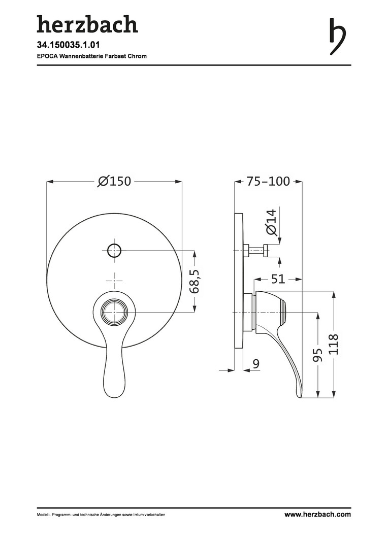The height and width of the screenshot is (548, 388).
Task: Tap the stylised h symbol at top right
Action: [337, 37]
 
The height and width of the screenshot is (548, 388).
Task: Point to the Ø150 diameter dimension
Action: [114, 181]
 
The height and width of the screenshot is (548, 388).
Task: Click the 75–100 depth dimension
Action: [268, 181]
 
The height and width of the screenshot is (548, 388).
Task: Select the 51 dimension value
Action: [278, 279]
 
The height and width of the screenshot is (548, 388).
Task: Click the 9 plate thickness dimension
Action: [256, 364]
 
